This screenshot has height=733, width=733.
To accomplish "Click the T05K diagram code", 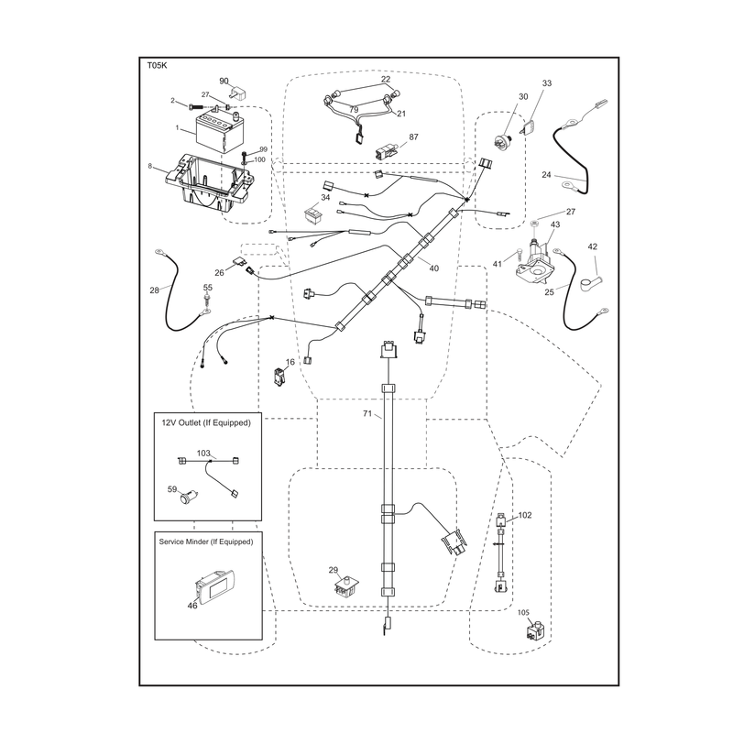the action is coord(157,65).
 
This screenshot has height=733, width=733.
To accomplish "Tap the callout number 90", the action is coord(224,81).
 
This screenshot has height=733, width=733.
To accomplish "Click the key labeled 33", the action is coord(531,127).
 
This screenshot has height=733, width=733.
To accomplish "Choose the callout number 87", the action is coord(414,137).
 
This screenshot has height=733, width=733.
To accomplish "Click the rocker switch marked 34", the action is coord(313,214).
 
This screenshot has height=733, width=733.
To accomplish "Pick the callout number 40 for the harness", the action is coord(433,268).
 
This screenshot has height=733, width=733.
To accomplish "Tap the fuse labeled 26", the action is coord(238,263).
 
